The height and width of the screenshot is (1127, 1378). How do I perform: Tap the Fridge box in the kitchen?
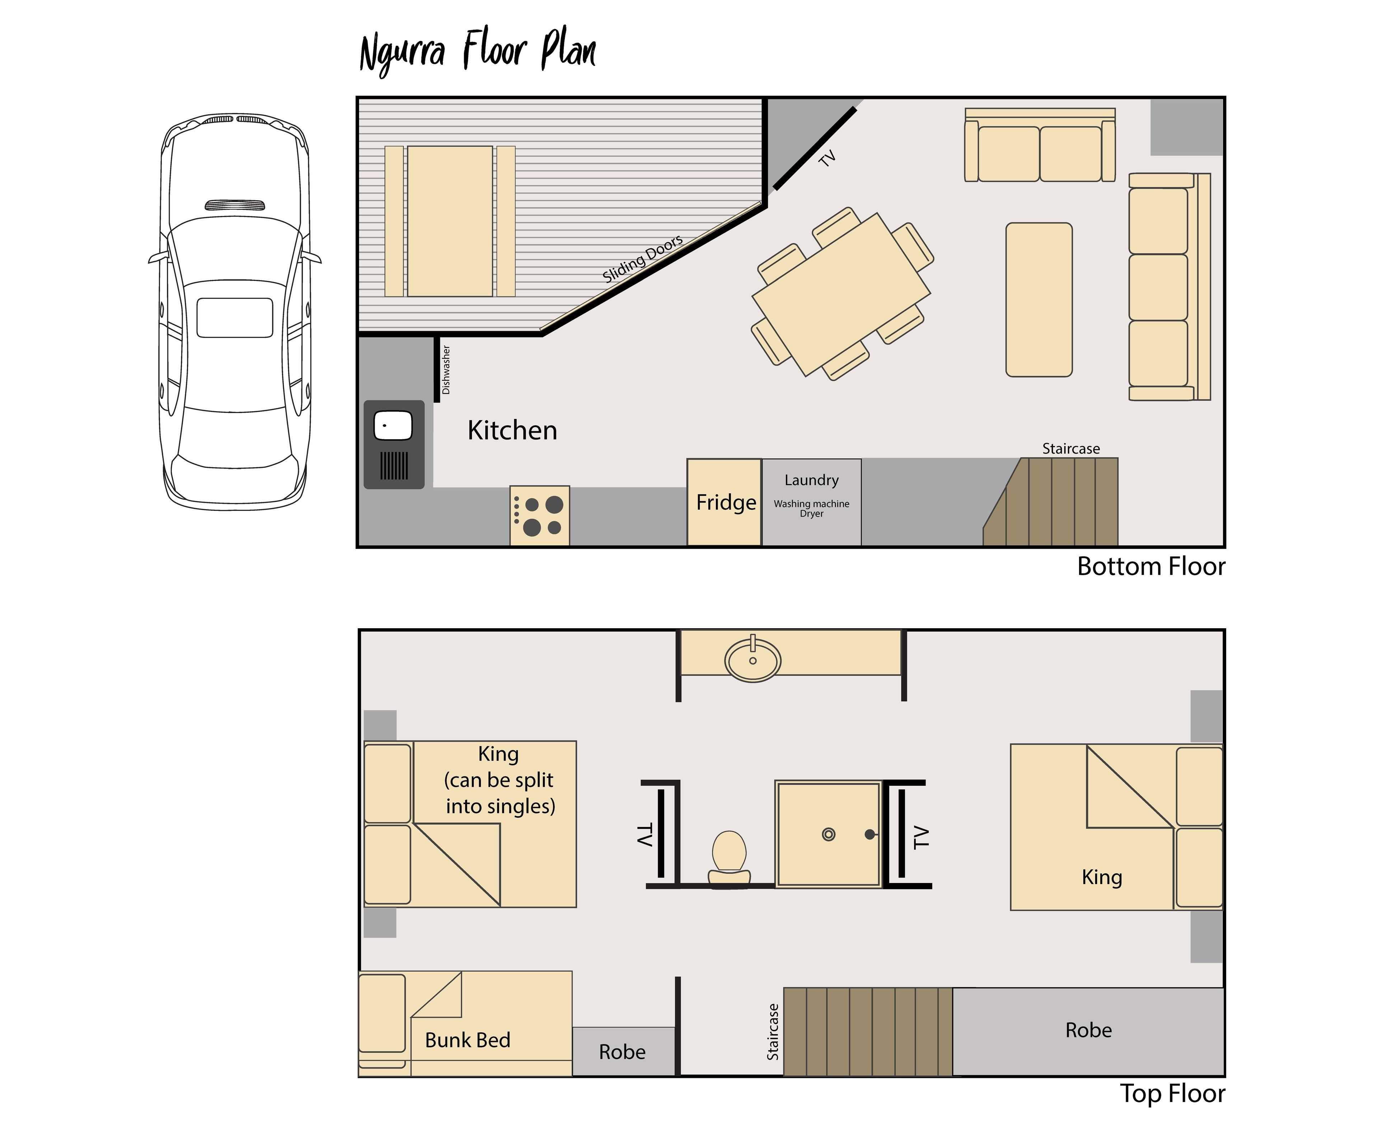coord(725,502)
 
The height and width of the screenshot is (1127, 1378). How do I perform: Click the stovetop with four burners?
coord(540,516)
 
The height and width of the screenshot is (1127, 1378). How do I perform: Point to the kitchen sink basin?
coord(393,426)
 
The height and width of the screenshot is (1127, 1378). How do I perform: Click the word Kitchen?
coord(512,431)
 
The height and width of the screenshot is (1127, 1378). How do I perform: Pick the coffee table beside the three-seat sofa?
coord(1039,299)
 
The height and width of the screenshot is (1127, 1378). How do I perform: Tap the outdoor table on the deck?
coord(449,221)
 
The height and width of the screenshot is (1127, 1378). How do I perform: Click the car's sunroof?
coord(234,318)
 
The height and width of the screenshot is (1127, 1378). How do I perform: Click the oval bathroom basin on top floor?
coord(753,660)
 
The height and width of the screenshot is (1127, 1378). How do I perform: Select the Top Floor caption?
coord(1172,1093)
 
